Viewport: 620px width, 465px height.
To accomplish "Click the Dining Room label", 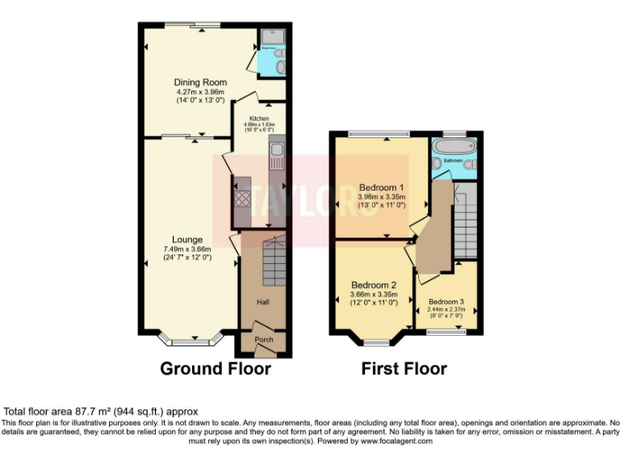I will (200, 82).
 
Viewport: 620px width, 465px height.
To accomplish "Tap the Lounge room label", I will (186, 240).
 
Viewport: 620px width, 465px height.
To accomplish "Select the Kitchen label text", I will (259, 119).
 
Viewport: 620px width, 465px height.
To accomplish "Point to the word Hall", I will (263, 302).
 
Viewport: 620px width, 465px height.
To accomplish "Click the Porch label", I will (264, 340).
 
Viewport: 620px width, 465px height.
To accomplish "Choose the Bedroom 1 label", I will (381, 186).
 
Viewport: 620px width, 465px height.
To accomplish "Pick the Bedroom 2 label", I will (374, 285).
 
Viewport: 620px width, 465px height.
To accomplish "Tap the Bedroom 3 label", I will (446, 302).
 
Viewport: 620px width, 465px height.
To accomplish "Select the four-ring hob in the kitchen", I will (241, 199).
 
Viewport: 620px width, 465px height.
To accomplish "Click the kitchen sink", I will (275, 150).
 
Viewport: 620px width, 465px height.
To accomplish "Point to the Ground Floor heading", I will (216, 369).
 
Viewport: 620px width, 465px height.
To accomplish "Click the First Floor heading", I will (404, 369).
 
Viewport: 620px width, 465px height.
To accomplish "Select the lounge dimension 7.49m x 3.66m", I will (186, 249).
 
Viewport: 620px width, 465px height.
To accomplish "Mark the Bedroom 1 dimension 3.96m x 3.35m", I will (381, 196).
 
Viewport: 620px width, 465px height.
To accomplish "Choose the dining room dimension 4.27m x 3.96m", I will (200, 91).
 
